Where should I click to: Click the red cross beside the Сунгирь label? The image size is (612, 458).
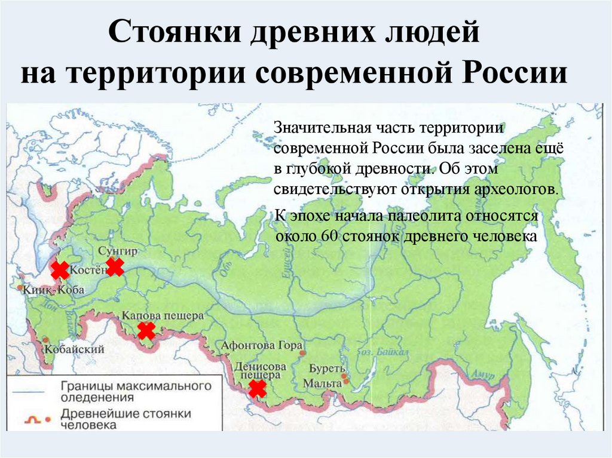click(x=114, y=267)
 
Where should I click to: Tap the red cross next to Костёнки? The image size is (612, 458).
click(x=60, y=271)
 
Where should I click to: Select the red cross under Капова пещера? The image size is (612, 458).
click(x=146, y=330)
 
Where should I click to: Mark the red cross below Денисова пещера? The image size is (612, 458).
click(x=258, y=389)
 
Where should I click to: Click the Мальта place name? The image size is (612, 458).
click(x=322, y=383)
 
